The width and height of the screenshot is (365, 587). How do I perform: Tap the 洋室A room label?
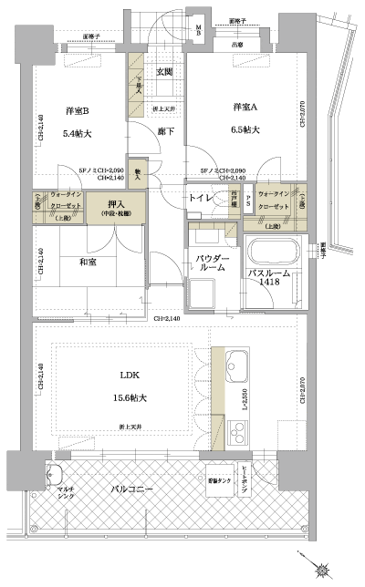click(241, 106)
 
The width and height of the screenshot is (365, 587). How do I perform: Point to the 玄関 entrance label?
click(164, 72)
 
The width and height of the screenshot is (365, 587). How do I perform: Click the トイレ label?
click(202, 197)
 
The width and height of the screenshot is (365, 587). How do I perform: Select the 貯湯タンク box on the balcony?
click(217, 479)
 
